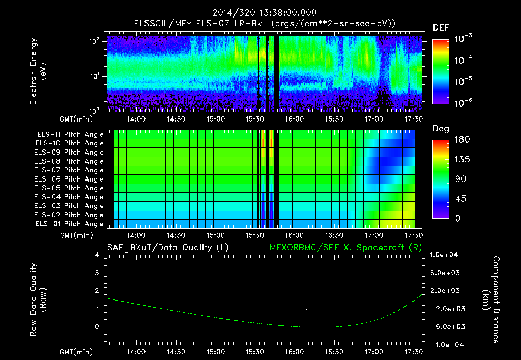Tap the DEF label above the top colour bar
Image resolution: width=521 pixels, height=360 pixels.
pyautogui.click(x=441, y=27)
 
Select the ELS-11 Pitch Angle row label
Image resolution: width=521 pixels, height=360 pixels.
pyautogui.click(x=70, y=135)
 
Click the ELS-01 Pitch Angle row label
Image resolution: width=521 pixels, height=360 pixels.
pyautogui.click(x=70, y=224)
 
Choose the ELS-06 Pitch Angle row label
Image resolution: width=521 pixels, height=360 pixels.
pyautogui.click(x=70, y=179)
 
